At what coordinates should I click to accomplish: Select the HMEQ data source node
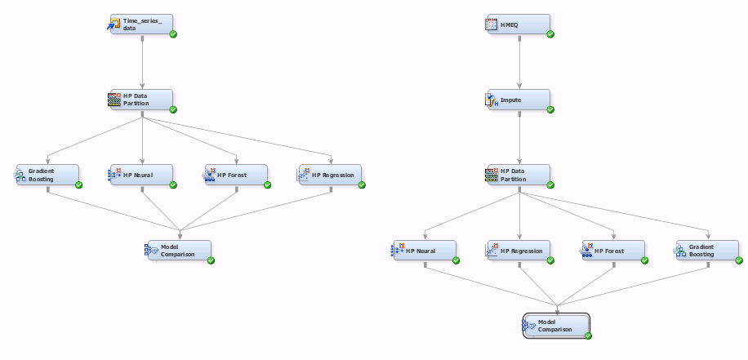(519, 24)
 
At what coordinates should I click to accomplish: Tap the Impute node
(519, 100)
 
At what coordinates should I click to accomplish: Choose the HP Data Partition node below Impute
(519, 175)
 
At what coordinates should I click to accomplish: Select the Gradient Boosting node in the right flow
(707, 251)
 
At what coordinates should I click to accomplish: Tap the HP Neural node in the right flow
(425, 251)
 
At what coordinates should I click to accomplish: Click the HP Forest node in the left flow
(236, 175)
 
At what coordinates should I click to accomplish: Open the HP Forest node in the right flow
(613, 251)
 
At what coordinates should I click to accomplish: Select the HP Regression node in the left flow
(331, 175)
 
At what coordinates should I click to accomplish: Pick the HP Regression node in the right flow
(519, 251)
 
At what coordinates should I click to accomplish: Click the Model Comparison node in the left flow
(179, 251)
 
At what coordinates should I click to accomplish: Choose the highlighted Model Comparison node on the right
(556, 326)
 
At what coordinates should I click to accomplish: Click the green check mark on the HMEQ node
(550, 34)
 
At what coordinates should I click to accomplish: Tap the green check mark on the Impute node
(550, 109)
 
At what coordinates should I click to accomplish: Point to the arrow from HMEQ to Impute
(519, 62)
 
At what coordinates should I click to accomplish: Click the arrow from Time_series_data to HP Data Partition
(142, 62)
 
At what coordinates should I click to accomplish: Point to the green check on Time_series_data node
(173, 34)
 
